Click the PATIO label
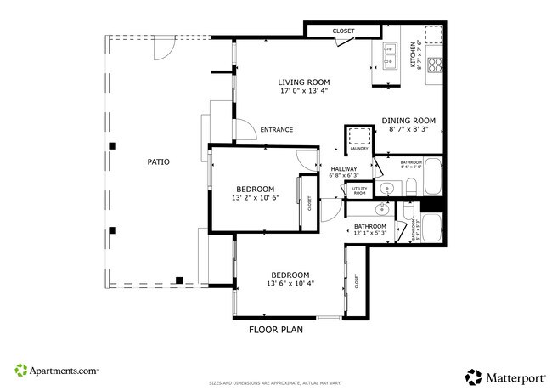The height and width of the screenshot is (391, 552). [x=158, y=161]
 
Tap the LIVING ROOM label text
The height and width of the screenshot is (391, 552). [x=303, y=82]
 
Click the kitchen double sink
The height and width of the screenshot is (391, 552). [x=391, y=55]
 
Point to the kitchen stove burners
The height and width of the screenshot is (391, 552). [x=436, y=62]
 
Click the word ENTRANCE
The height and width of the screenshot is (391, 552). [x=277, y=130]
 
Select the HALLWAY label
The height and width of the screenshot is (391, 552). [x=344, y=169]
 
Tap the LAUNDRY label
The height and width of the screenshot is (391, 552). [x=358, y=149]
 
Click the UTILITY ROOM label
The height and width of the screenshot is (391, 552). [x=359, y=191]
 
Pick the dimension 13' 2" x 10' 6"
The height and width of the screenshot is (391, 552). [x=255, y=198]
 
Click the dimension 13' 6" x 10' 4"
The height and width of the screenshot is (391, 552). [x=290, y=284]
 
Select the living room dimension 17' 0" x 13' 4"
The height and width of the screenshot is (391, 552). [x=303, y=91]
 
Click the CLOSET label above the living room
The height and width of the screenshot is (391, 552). [x=343, y=31]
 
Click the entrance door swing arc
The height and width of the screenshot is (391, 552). [x=244, y=130]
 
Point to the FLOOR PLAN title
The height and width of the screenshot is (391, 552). [x=276, y=329]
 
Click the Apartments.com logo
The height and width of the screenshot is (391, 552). [x=56, y=371]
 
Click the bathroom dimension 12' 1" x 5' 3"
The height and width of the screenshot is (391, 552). [x=370, y=232]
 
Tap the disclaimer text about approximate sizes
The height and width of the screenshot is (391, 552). [x=275, y=383]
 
